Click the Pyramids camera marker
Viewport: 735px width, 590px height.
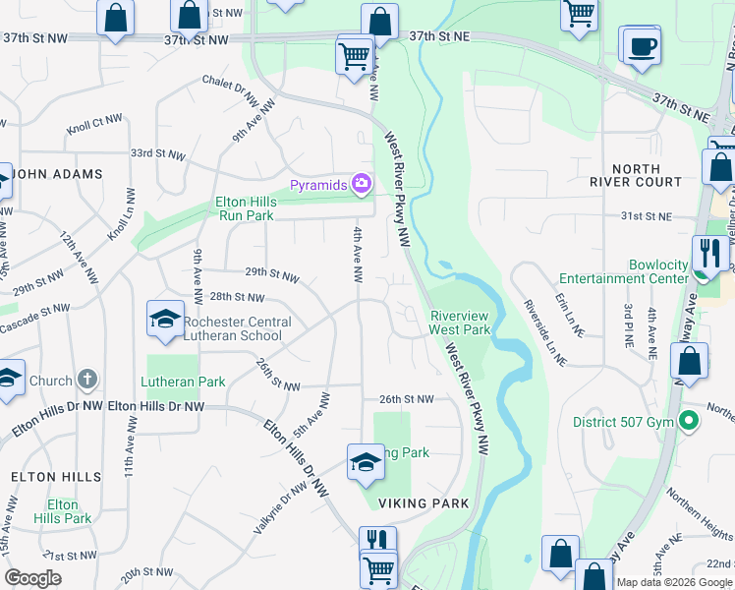(363, 184)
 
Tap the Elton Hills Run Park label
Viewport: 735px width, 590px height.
(246, 208)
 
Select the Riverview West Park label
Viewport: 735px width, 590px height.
(460, 323)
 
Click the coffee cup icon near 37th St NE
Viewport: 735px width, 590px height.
(641, 46)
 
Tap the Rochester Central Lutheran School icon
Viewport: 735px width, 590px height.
(164, 319)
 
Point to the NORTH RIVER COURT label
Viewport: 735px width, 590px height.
(635, 175)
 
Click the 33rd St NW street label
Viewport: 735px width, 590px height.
(157, 154)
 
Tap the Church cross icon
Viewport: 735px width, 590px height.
(87, 380)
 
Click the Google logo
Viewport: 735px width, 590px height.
(32, 578)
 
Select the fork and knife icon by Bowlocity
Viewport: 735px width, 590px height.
(709, 253)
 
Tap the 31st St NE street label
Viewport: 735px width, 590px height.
(644, 215)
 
